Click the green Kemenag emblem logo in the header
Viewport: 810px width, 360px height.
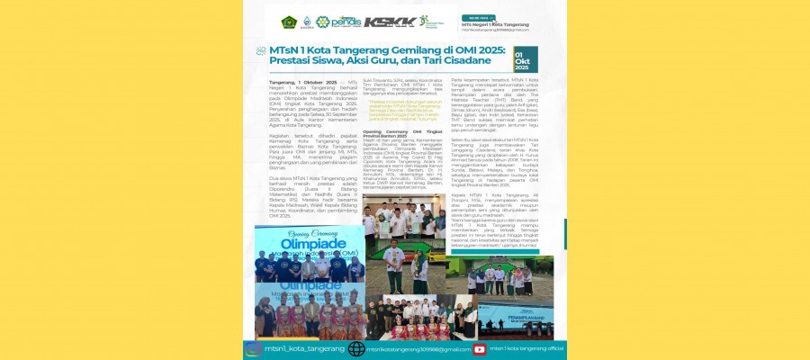(x=289, y=22)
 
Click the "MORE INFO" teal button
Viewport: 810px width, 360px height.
(x=477, y=17)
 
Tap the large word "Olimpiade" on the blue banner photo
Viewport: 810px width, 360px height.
(x=301, y=243)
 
